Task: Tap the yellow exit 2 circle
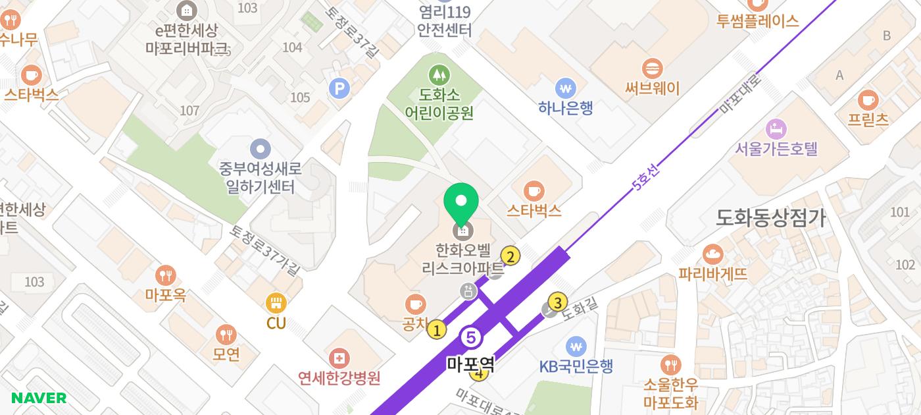tap(510, 256)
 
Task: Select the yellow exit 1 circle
tap(436, 329)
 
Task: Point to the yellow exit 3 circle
tap(558, 302)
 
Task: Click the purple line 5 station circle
tap(471, 338)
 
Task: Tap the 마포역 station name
tap(470, 364)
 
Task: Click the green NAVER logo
tap(39, 398)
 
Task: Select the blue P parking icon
tap(339, 88)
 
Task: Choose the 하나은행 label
tap(565, 107)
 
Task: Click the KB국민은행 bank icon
tap(576, 346)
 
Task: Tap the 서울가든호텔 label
tap(776, 148)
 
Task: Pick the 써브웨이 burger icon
tap(652, 68)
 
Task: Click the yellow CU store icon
tap(276, 303)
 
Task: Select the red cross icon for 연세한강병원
tap(339, 359)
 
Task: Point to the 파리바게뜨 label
tap(712, 273)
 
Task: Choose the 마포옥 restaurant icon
tap(165, 275)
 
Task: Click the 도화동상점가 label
tap(770, 218)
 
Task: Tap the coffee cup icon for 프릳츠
tap(868, 100)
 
